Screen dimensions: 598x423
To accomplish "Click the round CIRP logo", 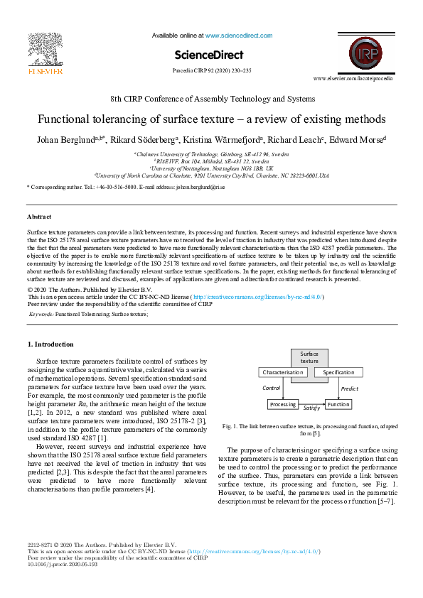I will coord(363,53).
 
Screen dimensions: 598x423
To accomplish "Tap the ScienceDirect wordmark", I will coord(208,55).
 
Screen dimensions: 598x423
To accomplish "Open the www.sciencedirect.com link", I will coord(238,35).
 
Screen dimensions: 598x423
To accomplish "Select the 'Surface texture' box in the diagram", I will coord(309,357).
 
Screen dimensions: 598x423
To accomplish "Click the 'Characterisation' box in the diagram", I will coord(284,372).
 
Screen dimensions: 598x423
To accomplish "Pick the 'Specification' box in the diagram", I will coord(338,372).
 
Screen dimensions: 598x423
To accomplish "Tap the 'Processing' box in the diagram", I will coord(283,404).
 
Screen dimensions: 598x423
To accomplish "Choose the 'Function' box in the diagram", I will coord(338,404).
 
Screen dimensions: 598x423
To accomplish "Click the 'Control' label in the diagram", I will coord(272,388).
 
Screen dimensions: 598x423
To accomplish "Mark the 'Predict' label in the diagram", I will coord(349,388).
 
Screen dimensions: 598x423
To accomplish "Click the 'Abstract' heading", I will coord(38,217).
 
